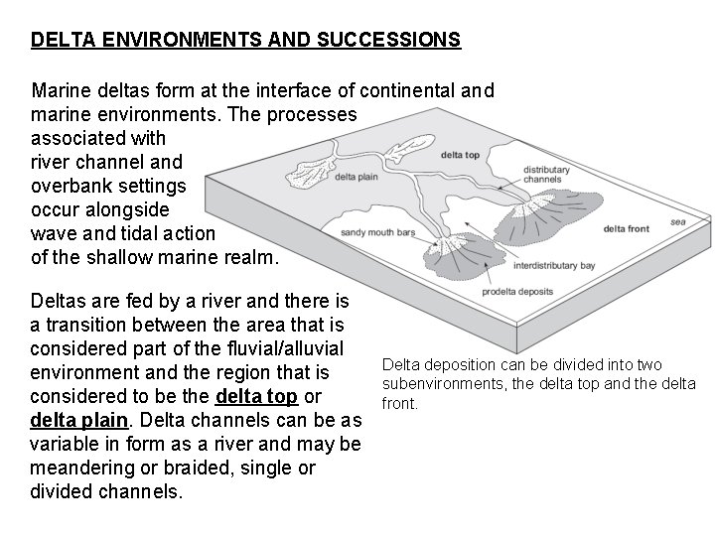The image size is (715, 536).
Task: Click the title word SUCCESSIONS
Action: click(x=387, y=41)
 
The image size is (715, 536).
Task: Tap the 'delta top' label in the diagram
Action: click(x=462, y=154)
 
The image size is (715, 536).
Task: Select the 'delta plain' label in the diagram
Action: click(x=357, y=177)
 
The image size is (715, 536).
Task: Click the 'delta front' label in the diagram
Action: click(x=626, y=229)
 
